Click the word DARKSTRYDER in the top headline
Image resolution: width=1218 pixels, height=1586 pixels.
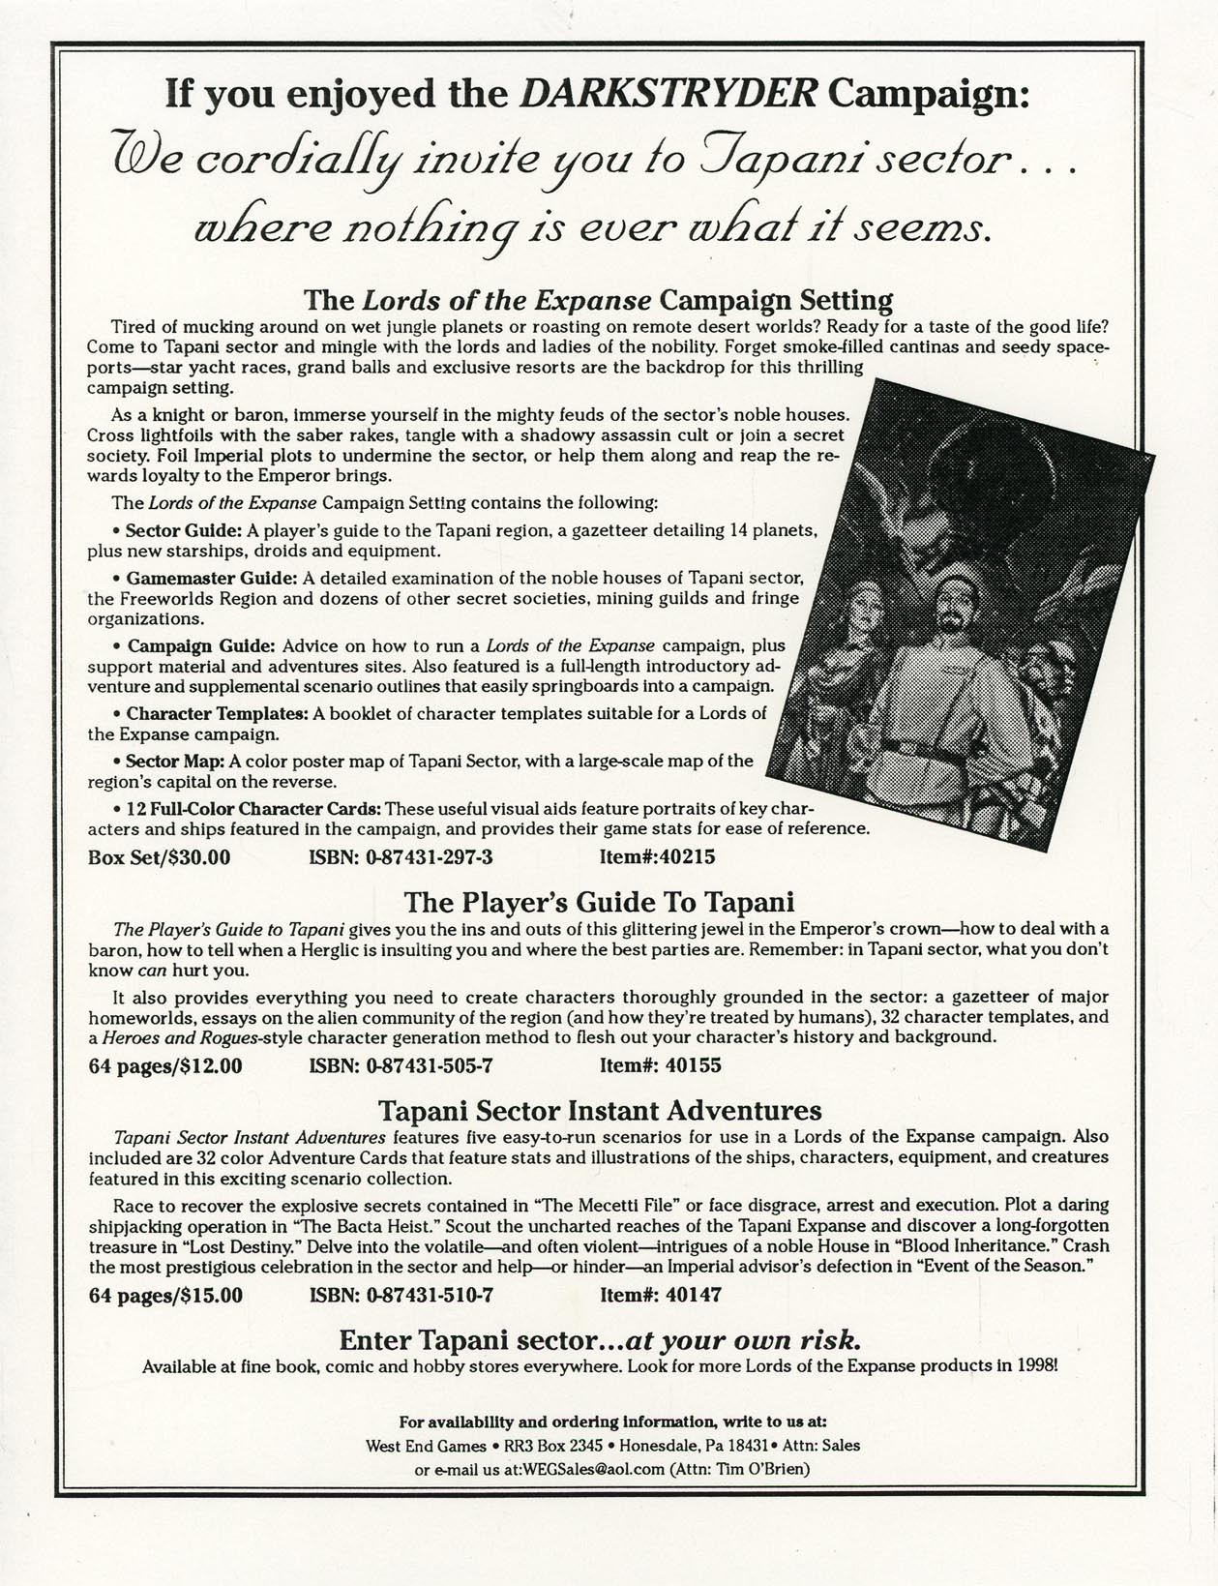[670, 94]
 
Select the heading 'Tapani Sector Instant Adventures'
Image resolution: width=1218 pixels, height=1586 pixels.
[599, 1110]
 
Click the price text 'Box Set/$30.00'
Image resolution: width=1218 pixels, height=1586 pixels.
[159, 856]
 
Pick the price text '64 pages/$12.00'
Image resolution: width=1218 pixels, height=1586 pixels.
[164, 1065]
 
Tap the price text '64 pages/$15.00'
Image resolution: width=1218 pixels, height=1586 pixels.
[164, 1295]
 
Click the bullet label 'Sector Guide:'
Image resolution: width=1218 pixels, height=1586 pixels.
[183, 530]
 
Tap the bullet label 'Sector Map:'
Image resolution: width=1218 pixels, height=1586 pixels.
[176, 761]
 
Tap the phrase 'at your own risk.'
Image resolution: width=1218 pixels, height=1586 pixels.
[743, 1341]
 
